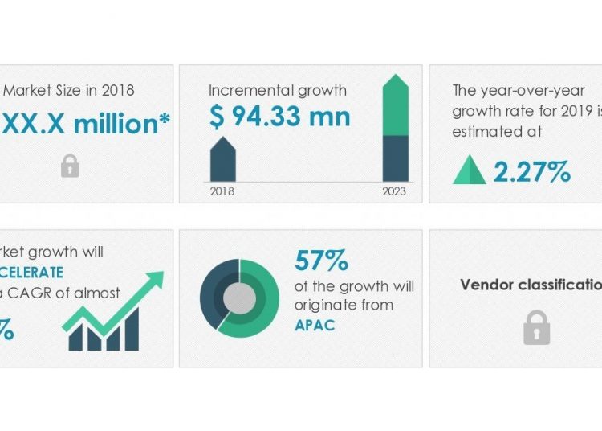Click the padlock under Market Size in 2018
pos(70,166)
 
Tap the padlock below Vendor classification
pos(536,327)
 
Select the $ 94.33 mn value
pos(279,117)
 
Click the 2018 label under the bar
pos(222,191)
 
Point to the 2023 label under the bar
pos(394,191)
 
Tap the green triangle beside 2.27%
pos(470,170)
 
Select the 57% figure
pos(321,261)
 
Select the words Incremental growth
pos(277,90)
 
